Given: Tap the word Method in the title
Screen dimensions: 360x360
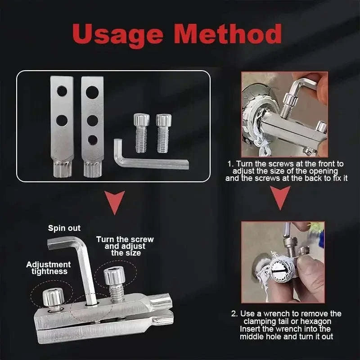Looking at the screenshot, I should (230, 35).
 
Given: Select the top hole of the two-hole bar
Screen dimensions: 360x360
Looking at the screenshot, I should (62, 91).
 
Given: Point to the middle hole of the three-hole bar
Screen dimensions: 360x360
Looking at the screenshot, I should (92, 120).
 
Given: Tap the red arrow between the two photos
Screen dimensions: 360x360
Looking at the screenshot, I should (282, 198).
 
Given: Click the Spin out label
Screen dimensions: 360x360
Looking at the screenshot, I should (64, 228).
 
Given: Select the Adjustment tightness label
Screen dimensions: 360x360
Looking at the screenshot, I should (48, 268).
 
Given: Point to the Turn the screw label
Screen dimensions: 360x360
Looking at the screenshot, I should (125, 246).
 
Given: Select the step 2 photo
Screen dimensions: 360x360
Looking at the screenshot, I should (283, 261).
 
